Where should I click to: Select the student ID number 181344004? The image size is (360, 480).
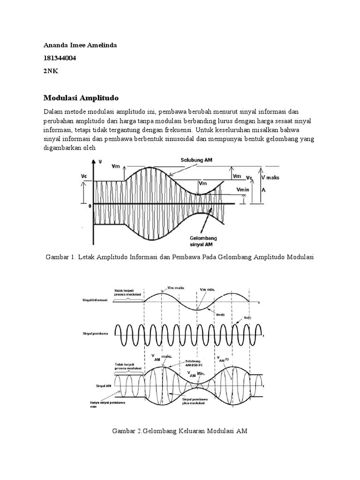pyautogui.click(x=60, y=58)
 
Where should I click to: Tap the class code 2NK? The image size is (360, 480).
pyautogui.click(x=50, y=71)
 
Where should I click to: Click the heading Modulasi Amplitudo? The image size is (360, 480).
pyautogui.click(x=82, y=98)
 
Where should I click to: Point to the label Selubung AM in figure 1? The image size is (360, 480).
pyautogui.click(x=197, y=160)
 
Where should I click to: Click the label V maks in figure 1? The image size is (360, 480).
pyautogui.click(x=270, y=178)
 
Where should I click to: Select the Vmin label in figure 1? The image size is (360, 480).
pyautogui.click(x=243, y=189)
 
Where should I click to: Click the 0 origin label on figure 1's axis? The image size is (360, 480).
pyautogui.click(x=89, y=205)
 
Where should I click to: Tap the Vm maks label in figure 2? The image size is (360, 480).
pyautogui.click(x=175, y=288)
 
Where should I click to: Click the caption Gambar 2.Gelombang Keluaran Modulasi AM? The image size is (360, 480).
pyautogui.click(x=180, y=431)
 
